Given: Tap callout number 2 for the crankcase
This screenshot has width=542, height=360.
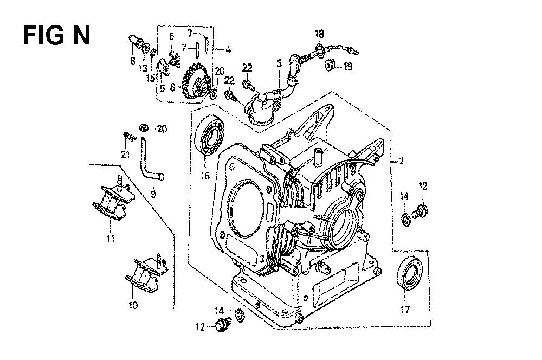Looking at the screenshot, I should click(x=402, y=160).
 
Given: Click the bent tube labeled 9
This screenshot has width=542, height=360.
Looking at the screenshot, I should click(x=149, y=161).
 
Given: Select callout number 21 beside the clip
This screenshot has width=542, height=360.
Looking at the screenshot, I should click(x=126, y=155).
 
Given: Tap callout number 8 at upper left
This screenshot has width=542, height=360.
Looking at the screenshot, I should click(x=132, y=61).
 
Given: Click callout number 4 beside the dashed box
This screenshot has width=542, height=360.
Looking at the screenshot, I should click(x=228, y=50).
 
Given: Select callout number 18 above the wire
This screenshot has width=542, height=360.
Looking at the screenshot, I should click(x=320, y=34).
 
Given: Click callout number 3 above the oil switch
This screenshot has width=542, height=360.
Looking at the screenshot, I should click(x=279, y=64).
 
